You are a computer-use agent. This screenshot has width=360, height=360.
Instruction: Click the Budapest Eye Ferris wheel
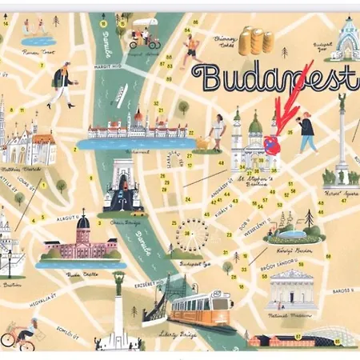click(x=190, y=234)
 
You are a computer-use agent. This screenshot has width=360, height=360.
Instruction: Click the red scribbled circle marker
click(x=272, y=145)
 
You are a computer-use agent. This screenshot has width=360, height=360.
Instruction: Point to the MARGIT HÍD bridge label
click(x=106, y=67)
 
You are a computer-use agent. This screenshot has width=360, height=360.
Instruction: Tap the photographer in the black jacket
click(x=306, y=132)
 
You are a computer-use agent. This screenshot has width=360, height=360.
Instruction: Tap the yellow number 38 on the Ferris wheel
click(x=187, y=234)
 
